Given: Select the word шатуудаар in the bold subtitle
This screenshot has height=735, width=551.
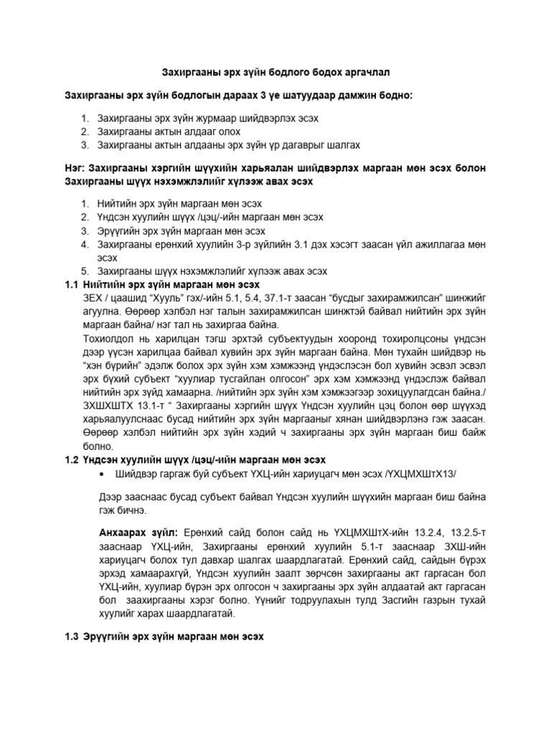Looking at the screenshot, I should coord(306,95).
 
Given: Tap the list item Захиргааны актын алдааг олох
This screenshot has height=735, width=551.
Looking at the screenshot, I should coord(169,131).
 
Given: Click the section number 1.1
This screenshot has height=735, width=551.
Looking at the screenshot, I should coord(73,284).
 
